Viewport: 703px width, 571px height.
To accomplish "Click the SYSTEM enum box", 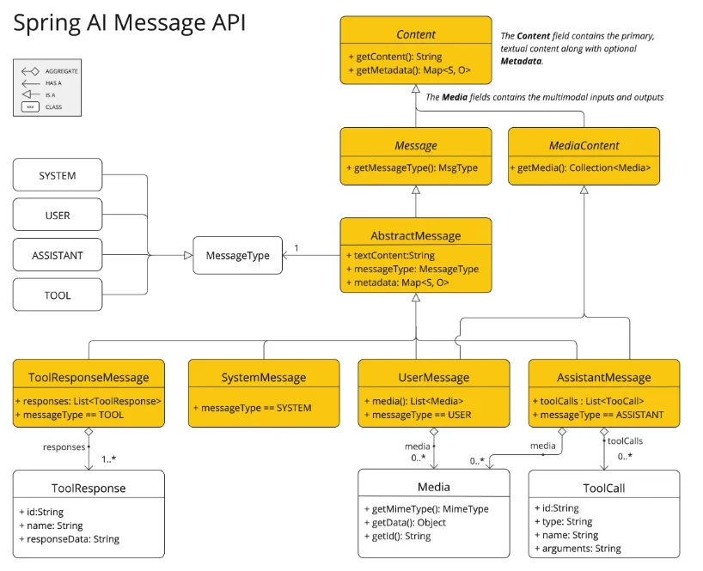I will (x=58, y=176).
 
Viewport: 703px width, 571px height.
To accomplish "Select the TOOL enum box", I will (x=58, y=295).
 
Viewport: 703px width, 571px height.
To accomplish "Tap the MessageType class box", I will (x=237, y=255).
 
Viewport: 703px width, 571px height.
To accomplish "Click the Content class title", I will (x=416, y=35).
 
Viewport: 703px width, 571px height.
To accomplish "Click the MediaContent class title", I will (x=584, y=145).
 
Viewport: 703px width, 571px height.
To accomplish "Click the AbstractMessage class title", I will (x=416, y=236).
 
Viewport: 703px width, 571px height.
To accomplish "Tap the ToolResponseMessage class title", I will (x=89, y=377).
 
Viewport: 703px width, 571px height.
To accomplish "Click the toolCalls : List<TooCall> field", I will (x=593, y=401).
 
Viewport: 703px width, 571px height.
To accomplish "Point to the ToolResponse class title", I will (x=89, y=489).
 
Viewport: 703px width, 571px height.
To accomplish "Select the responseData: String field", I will (x=73, y=539).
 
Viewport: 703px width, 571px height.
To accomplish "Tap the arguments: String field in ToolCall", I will (x=580, y=549).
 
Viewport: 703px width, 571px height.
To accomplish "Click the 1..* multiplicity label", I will (x=108, y=459).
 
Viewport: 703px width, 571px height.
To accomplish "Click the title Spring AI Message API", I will (x=129, y=23).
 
